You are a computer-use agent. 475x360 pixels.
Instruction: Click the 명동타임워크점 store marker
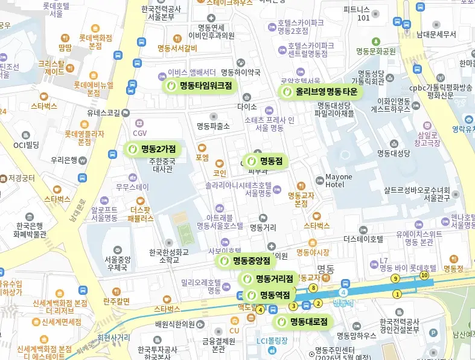(199, 86)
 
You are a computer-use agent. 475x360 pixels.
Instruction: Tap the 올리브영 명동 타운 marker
(320, 92)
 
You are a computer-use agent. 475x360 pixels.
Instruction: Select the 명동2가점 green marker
(151, 149)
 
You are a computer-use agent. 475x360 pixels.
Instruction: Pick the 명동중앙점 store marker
(246, 261)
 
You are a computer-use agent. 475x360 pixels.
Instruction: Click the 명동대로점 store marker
(302, 322)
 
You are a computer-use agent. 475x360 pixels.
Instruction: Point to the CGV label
(139, 133)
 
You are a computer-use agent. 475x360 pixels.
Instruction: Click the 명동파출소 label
(213, 126)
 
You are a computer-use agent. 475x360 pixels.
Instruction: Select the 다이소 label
(247, 107)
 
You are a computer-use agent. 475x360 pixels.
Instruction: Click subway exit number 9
(395, 278)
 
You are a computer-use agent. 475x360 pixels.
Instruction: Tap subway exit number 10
(424, 275)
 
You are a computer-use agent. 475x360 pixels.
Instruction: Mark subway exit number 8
(313, 288)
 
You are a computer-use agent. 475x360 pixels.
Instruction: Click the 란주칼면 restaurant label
(116, 301)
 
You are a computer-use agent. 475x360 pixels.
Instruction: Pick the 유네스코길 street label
(107, 112)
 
